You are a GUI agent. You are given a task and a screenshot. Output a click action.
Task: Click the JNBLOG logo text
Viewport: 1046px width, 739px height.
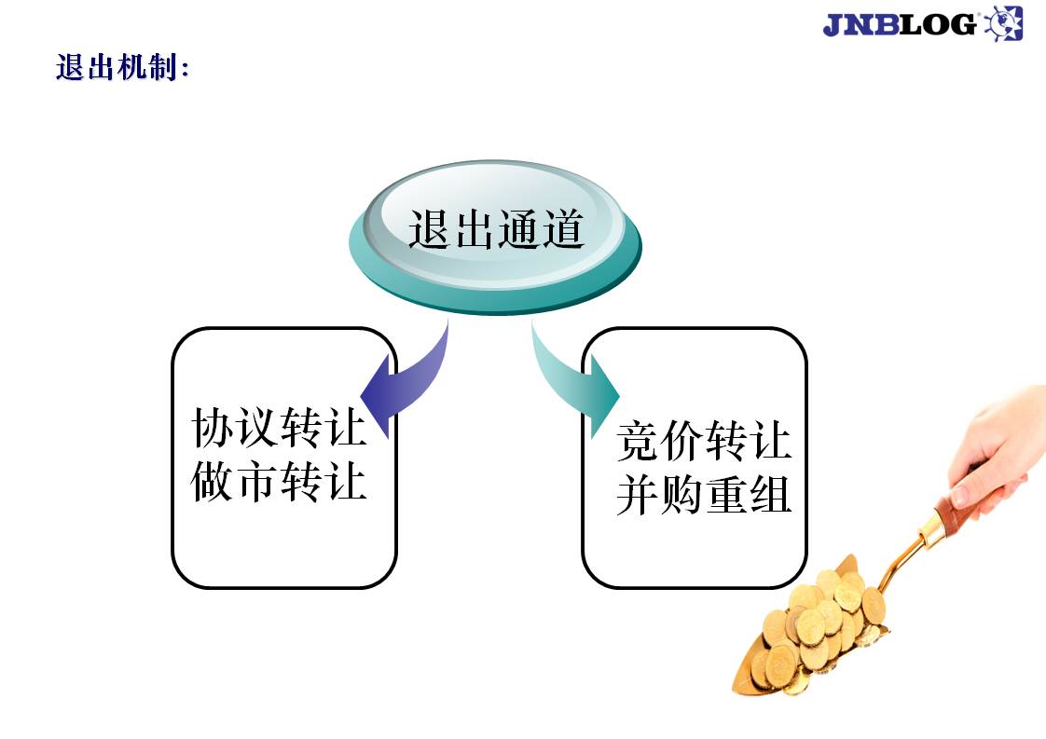click(x=900, y=24)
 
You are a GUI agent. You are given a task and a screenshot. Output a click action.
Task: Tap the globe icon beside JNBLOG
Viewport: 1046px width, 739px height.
click(x=1003, y=23)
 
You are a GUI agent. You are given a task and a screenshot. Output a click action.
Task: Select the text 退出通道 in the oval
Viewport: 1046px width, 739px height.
click(x=496, y=229)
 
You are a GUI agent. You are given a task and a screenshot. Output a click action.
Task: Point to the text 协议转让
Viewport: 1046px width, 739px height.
click(x=279, y=427)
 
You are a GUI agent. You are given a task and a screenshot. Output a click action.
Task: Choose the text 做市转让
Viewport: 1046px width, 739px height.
click(x=279, y=482)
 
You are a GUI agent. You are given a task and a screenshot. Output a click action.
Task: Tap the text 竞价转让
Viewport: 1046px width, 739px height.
click(x=704, y=440)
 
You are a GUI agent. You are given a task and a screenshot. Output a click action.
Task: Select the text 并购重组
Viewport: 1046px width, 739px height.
click(x=704, y=495)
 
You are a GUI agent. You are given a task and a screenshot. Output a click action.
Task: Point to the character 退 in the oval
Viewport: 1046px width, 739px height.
click(x=431, y=229)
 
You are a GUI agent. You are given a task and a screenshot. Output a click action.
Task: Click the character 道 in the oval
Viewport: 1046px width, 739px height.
click(x=563, y=229)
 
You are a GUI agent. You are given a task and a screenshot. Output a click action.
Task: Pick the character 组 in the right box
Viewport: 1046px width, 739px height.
click(x=770, y=495)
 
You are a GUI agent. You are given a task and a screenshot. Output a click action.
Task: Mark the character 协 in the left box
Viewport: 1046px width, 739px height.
click(x=213, y=427)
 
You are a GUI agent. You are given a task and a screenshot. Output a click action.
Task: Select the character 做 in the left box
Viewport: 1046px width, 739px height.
click(x=213, y=482)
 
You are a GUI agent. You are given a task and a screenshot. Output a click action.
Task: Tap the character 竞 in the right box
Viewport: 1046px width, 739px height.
click(x=638, y=440)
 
